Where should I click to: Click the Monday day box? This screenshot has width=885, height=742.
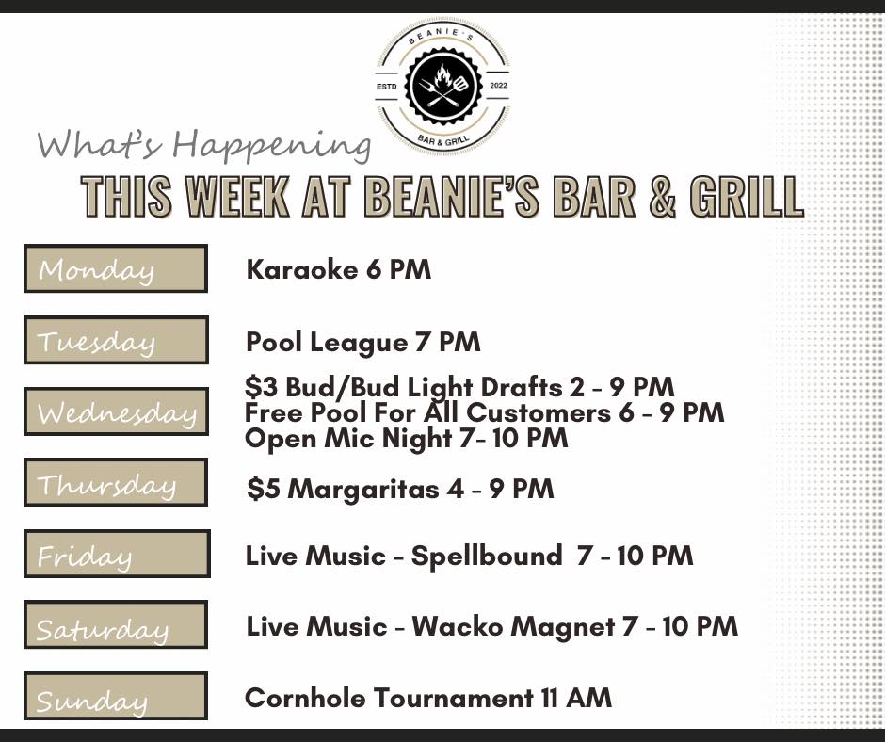point(116,268)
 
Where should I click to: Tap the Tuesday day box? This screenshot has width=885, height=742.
point(116,340)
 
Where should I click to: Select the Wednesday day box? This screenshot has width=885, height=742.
point(116,411)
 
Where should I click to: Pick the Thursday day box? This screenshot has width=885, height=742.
point(116,482)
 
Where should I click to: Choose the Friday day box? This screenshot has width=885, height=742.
point(117,554)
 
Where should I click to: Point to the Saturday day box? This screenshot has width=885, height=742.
point(116,624)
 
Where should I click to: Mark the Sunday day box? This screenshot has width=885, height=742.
point(116,696)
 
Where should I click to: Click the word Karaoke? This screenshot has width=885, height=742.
point(302,269)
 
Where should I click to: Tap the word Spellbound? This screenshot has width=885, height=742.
point(487,556)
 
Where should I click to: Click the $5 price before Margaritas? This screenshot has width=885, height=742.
point(263,489)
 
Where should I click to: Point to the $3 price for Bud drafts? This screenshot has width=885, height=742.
point(262,387)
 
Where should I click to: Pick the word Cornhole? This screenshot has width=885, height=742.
point(305,698)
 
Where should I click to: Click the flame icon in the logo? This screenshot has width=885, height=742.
point(442,76)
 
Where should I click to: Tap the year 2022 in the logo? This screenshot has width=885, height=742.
point(499,86)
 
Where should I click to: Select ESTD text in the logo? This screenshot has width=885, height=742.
point(387,87)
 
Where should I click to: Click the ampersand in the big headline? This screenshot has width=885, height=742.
point(662,197)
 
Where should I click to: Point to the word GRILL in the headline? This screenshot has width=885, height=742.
point(747,197)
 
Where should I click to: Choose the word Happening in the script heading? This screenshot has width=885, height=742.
point(271,145)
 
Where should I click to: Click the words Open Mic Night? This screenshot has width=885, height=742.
point(348,439)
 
